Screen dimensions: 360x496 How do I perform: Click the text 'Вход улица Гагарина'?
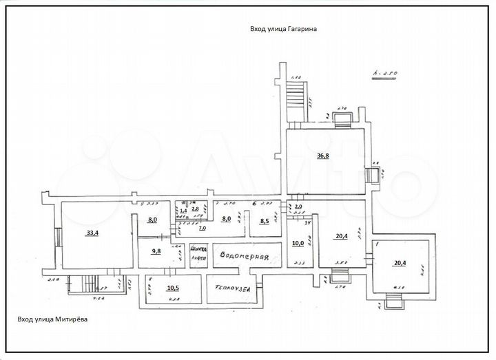coord(282,30)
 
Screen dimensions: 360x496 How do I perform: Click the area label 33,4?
coord(92,233)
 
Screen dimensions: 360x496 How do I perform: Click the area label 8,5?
coord(264,222)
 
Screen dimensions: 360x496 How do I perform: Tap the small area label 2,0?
coord(298,207)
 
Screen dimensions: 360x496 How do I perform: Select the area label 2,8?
coord(195,209)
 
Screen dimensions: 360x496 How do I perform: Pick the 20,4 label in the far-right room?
coord(400,263)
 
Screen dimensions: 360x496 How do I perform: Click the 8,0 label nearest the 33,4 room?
coord(152,220)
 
